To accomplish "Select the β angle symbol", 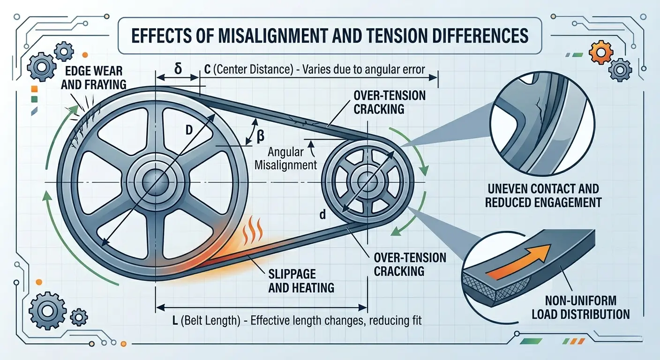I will pyautogui.click(x=260, y=136).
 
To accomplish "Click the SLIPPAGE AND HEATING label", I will pyautogui.click(x=301, y=280).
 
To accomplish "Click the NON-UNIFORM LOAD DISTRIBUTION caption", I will pyautogui.click(x=580, y=307).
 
